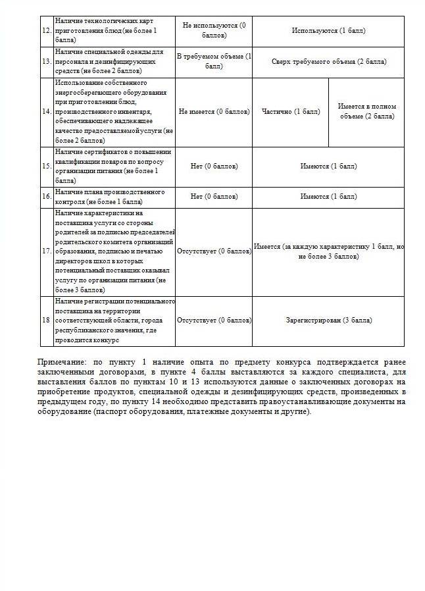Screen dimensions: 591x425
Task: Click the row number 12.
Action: pyautogui.click(x=47, y=31)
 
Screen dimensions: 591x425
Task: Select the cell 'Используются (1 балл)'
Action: pyautogui.click(x=328, y=31)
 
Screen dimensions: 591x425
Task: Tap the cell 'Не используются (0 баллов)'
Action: pyautogui.click(x=214, y=31)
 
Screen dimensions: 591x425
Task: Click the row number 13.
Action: pyautogui.click(x=47, y=62)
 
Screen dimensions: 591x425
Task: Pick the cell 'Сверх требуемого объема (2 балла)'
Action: pyautogui.click(x=328, y=62)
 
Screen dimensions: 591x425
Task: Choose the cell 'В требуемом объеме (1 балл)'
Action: pyautogui.click(x=214, y=62)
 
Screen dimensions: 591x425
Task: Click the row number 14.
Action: pyautogui.click(x=47, y=112)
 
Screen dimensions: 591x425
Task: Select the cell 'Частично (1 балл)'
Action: pyautogui.click(x=290, y=112)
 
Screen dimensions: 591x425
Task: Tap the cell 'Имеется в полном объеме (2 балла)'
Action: pyautogui.click(x=366, y=112)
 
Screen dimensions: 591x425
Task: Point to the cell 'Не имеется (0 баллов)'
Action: pyautogui.click(x=214, y=112)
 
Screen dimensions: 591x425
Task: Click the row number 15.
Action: pyautogui.click(x=47, y=167)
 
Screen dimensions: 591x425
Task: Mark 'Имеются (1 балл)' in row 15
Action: pyautogui.click(x=328, y=167)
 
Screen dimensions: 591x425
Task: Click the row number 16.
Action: pyautogui.click(x=47, y=197)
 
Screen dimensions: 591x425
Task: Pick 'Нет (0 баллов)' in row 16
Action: pyautogui.click(x=214, y=197)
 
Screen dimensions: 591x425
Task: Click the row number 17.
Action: pyautogui.click(x=47, y=251)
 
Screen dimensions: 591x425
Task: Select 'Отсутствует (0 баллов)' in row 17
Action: pyautogui.click(x=214, y=251)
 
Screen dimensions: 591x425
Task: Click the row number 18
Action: pyautogui.click(x=47, y=321)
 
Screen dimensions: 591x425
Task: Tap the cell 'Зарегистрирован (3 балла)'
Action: pyautogui.click(x=328, y=321)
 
